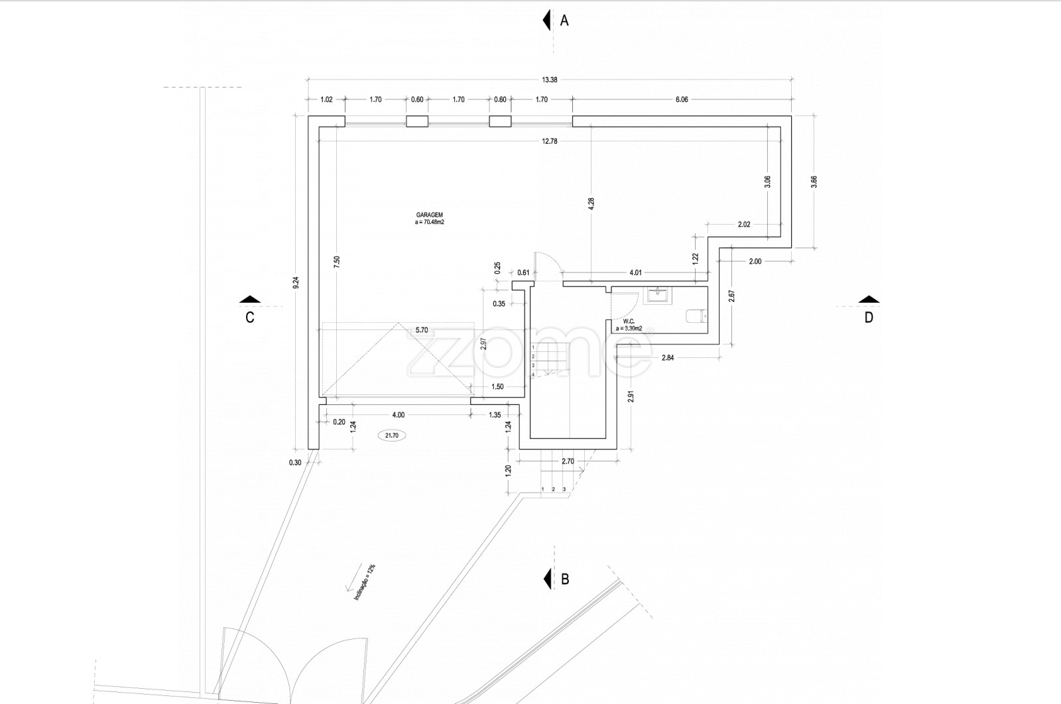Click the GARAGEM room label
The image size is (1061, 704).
(430, 215)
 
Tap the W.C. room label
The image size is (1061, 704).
(629, 322)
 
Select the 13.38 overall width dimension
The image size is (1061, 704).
(550, 80)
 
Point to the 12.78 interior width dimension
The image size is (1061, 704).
(550, 141)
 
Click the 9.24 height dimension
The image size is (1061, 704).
(296, 282)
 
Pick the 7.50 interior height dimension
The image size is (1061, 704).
(337, 262)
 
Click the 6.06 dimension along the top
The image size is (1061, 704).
(682, 99)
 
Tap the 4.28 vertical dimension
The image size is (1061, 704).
(591, 204)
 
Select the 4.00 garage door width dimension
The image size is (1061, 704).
(399, 415)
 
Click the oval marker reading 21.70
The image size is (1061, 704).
(392, 435)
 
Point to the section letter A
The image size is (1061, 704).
(564, 21)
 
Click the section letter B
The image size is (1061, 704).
(564, 579)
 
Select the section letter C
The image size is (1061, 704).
(250, 318)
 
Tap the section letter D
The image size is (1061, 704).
(869, 318)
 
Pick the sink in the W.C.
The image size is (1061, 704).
(656, 294)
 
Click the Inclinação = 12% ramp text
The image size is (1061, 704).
(365, 582)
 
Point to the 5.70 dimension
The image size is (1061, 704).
(422, 330)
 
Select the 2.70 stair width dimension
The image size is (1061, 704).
(568, 461)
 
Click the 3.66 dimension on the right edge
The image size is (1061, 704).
(814, 182)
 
